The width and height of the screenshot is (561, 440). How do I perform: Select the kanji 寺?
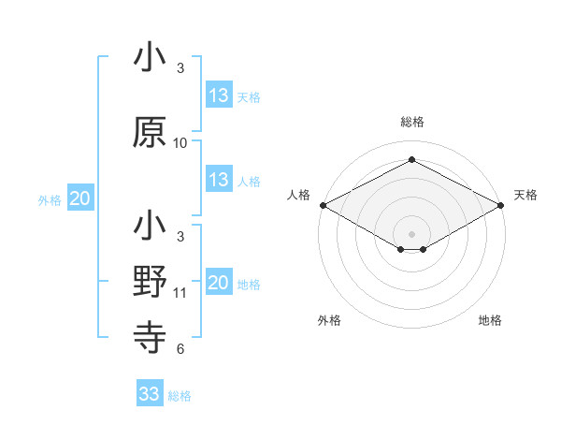click(x=150, y=335)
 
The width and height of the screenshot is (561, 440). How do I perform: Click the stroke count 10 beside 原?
click(x=180, y=143)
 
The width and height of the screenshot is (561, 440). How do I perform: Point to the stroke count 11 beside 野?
click(x=180, y=293)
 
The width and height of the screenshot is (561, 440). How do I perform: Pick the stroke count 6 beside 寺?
click(x=180, y=349)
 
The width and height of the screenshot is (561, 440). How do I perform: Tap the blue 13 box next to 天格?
click(x=219, y=95)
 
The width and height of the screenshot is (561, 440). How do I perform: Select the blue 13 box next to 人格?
click(x=219, y=180)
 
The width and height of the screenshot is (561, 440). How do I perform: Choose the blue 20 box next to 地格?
click(x=219, y=284)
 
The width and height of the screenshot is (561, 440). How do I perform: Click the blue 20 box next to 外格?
click(x=80, y=199)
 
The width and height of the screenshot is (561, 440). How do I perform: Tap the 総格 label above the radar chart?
click(x=412, y=122)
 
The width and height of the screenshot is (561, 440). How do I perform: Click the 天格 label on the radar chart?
click(x=525, y=195)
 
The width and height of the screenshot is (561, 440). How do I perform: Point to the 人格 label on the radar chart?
click(x=298, y=195)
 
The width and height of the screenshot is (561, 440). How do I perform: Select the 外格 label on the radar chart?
click(x=329, y=321)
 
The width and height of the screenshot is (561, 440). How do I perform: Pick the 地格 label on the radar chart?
click(x=490, y=321)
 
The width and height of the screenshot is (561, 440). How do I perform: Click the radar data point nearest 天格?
click(x=501, y=205)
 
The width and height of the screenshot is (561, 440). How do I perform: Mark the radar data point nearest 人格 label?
click(x=323, y=205)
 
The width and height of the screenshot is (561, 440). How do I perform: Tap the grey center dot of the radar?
click(x=411, y=233)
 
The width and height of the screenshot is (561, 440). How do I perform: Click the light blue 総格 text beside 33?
click(x=180, y=396)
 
